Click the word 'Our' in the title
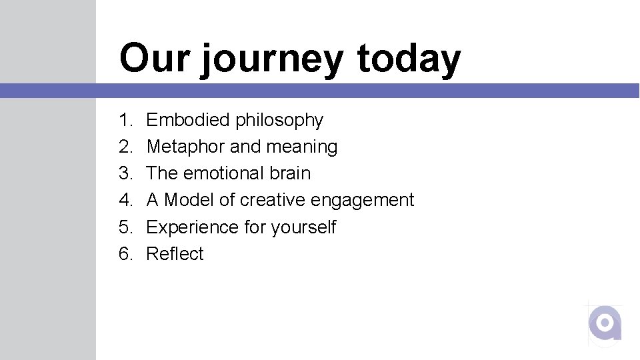pos(154,58)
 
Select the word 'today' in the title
pos(409,59)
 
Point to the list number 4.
pos(125,200)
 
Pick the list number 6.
pos(125,254)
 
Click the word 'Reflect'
pos(175,254)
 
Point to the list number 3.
pos(125,173)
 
